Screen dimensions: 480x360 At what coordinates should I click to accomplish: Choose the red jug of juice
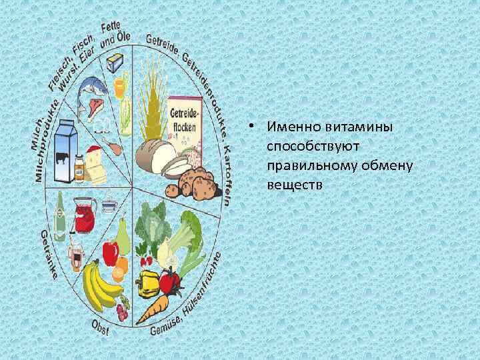point(83,216)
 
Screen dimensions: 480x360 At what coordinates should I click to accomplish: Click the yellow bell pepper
point(147,283)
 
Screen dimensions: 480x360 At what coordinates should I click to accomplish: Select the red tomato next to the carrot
point(171,281)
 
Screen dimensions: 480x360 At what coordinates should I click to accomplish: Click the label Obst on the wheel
point(100,328)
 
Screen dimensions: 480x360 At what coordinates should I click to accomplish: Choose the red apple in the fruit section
point(110,252)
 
